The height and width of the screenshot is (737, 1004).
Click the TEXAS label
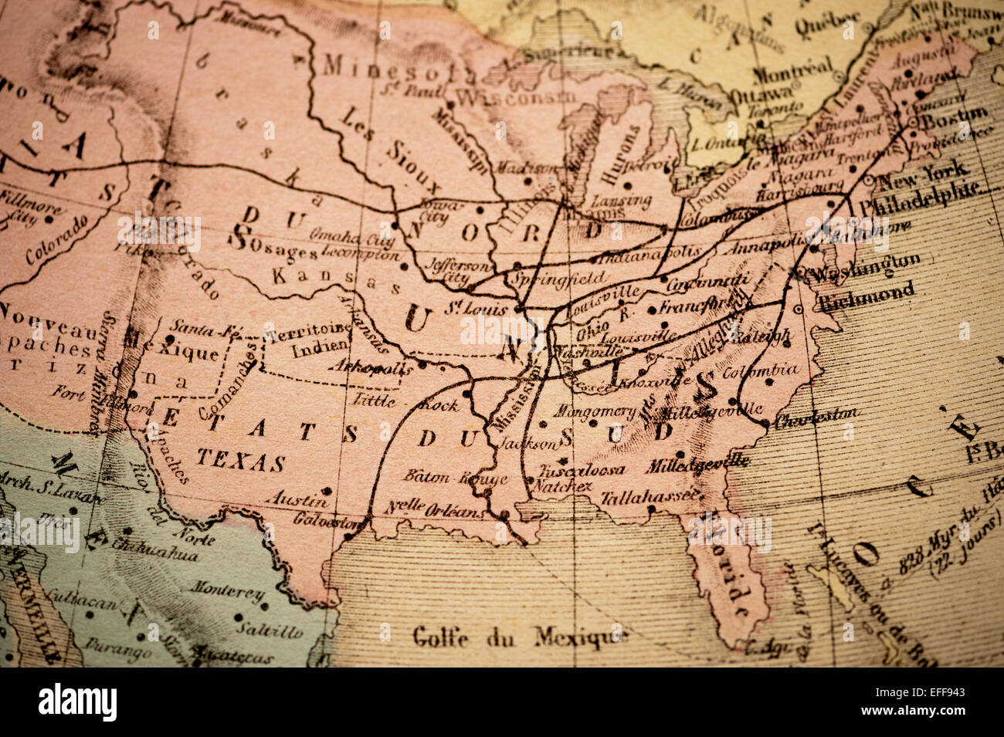(x=240, y=461)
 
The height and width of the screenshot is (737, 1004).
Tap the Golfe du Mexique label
(x=521, y=637)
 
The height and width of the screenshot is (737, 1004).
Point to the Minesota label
(x=399, y=68)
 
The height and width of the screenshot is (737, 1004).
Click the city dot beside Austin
(x=327, y=491)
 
